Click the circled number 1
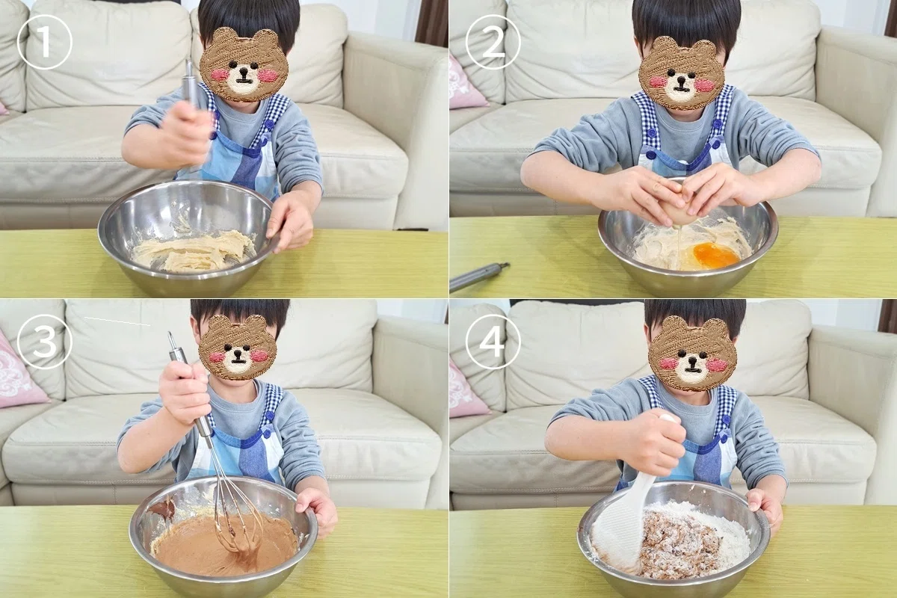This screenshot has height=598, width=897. [x=44, y=42]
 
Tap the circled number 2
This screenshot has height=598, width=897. [x=493, y=42]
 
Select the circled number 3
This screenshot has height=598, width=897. [x=44, y=342]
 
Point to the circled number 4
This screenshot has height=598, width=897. [x=493, y=342]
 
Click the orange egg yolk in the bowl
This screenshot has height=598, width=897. [x=716, y=255]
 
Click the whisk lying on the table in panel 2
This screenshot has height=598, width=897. [x=478, y=276]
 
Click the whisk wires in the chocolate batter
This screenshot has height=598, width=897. [x=236, y=517]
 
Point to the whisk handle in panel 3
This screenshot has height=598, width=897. [x=188, y=384]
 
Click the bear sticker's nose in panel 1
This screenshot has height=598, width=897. [x=243, y=73]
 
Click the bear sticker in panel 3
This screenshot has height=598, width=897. [x=238, y=347]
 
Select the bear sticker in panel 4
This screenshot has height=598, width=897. [x=692, y=354]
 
